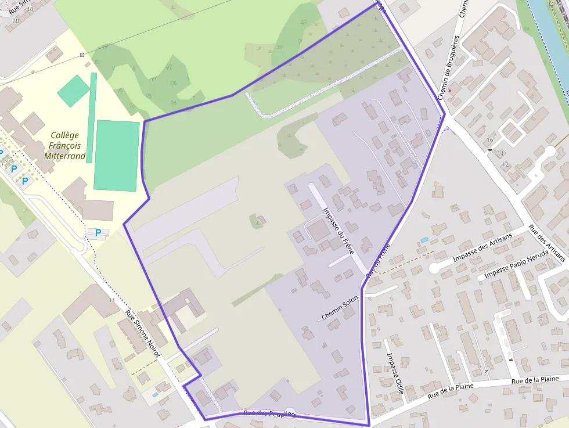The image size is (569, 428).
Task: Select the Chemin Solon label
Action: (x=340, y=308)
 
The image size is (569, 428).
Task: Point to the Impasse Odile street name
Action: (x=395, y=373)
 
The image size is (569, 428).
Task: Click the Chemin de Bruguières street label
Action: (x=448, y=67)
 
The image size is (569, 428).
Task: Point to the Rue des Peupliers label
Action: (x=270, y=413)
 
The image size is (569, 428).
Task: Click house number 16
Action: (x=491, y=140)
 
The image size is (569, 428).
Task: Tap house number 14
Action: (x=500, y=153)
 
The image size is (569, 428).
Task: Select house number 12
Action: (x=505, y=165)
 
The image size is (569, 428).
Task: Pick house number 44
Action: (x=30, y=9)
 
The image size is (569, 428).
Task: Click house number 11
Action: (x=111, y=300)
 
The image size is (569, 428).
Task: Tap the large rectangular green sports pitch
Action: (x=117, y=155)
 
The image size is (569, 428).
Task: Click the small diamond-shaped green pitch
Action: (x=74, y=91)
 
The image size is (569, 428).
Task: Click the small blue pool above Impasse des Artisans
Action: (x=424, y=240)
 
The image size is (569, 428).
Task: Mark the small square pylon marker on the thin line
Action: (x=82, y=55)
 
